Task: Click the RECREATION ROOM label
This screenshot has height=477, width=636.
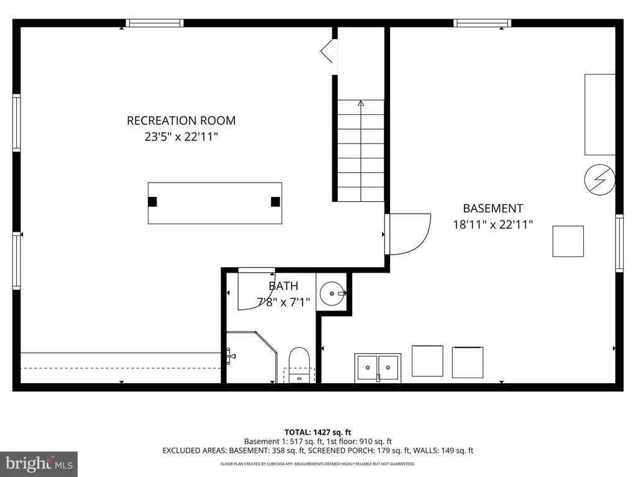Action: tap(181, 120)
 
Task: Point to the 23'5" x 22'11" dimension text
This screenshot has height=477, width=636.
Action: tap(181, 137)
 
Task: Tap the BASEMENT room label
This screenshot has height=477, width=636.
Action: tap(493, 209)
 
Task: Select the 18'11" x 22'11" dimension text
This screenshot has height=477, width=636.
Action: tap(493, 225)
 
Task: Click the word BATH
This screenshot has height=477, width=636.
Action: tap(283, 286)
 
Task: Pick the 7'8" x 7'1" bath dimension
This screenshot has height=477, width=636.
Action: tap(283, 302)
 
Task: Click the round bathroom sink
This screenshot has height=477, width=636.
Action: tap(334, 292)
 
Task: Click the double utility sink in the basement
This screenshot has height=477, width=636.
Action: tap(378, 368)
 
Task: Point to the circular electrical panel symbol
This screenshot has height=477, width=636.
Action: tap(600, 180)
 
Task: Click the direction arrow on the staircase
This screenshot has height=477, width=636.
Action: tap(361, 104)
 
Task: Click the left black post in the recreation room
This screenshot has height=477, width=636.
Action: tap(153, 201)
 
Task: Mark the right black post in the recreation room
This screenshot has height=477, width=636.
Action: tap(275, 201)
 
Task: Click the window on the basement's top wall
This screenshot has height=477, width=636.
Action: tap(482, 23)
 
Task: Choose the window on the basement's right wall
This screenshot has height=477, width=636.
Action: tap(619, 243)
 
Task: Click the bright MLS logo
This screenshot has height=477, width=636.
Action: tap(39, 463)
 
